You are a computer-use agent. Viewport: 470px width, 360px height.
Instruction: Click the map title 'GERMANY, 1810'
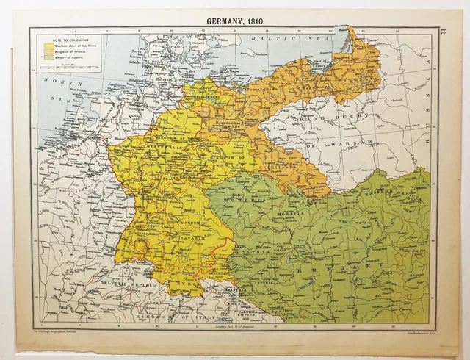pos(235,20)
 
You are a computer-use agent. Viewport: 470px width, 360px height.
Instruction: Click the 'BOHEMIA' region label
pos(250,199)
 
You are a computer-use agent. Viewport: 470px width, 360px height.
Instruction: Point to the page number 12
pos(444,32)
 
